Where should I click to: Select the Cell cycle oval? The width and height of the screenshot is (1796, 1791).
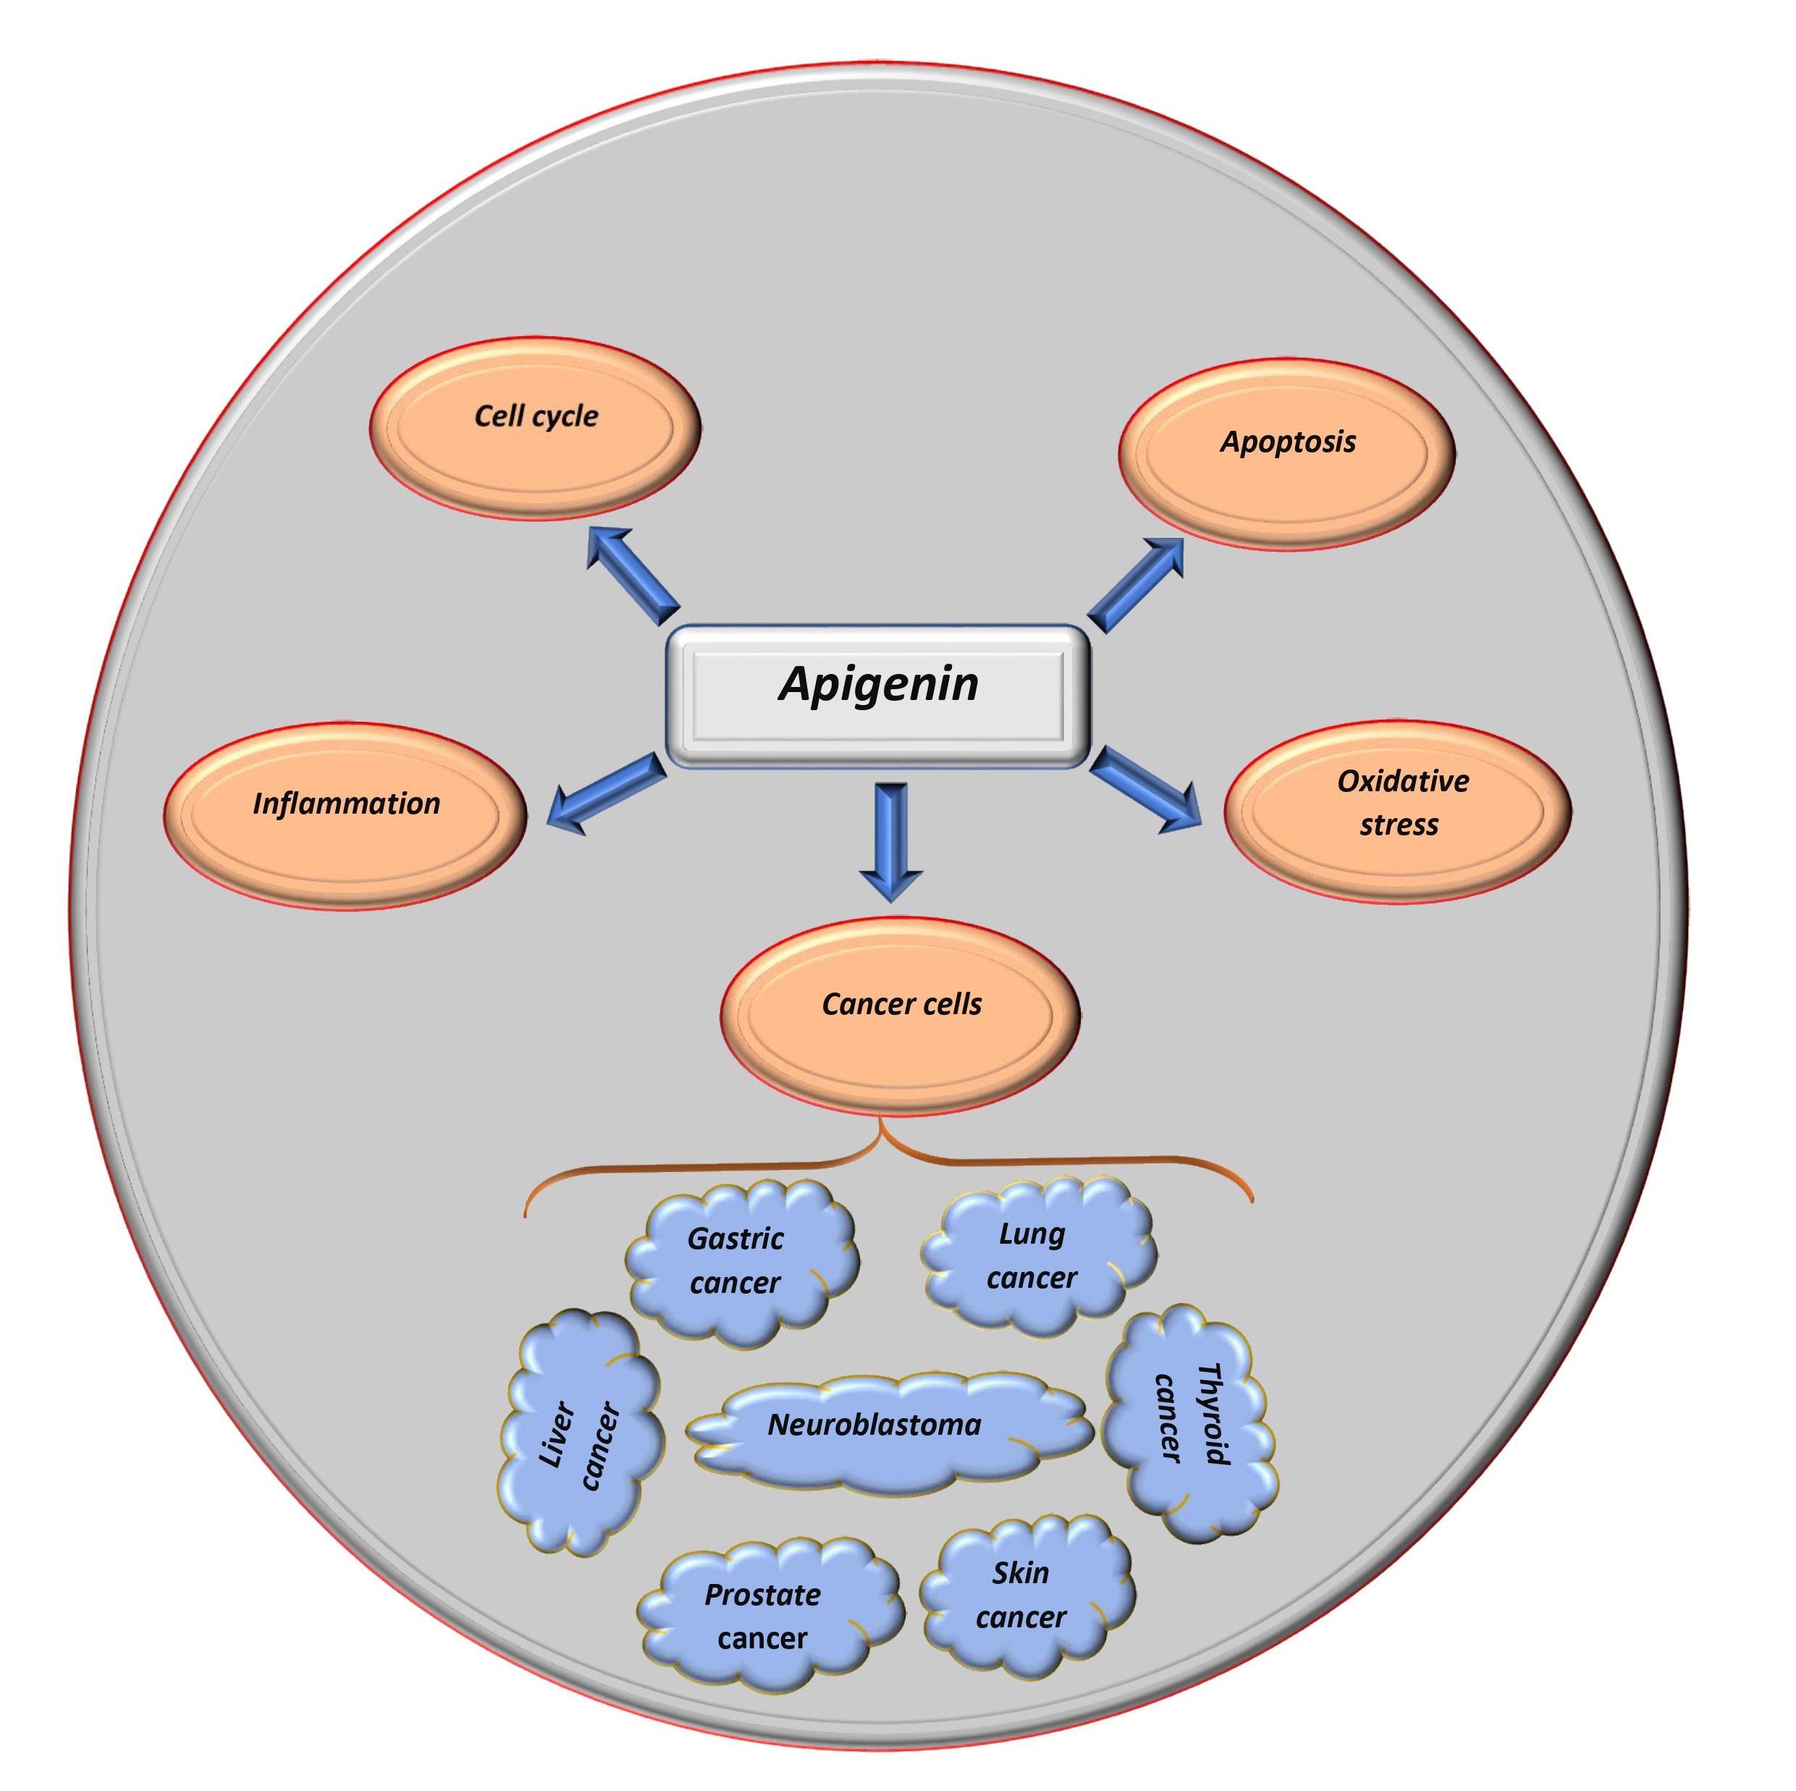pyautogui.click(x=536, y=429)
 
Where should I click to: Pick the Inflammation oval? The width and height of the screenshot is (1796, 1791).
pyautogui.click(x=346, y=815)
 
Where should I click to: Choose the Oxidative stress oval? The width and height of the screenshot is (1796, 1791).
pyautogui.click(x=1397, y=812)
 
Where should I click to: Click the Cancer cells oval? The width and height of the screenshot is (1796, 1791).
pyautogui.click(x=901, y=1016)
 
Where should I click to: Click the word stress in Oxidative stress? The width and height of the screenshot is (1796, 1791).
pyautogui.click(x=1398, y=825)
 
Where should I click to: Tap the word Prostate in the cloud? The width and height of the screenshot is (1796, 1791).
pyautogui.click(x=762, y=1595)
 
